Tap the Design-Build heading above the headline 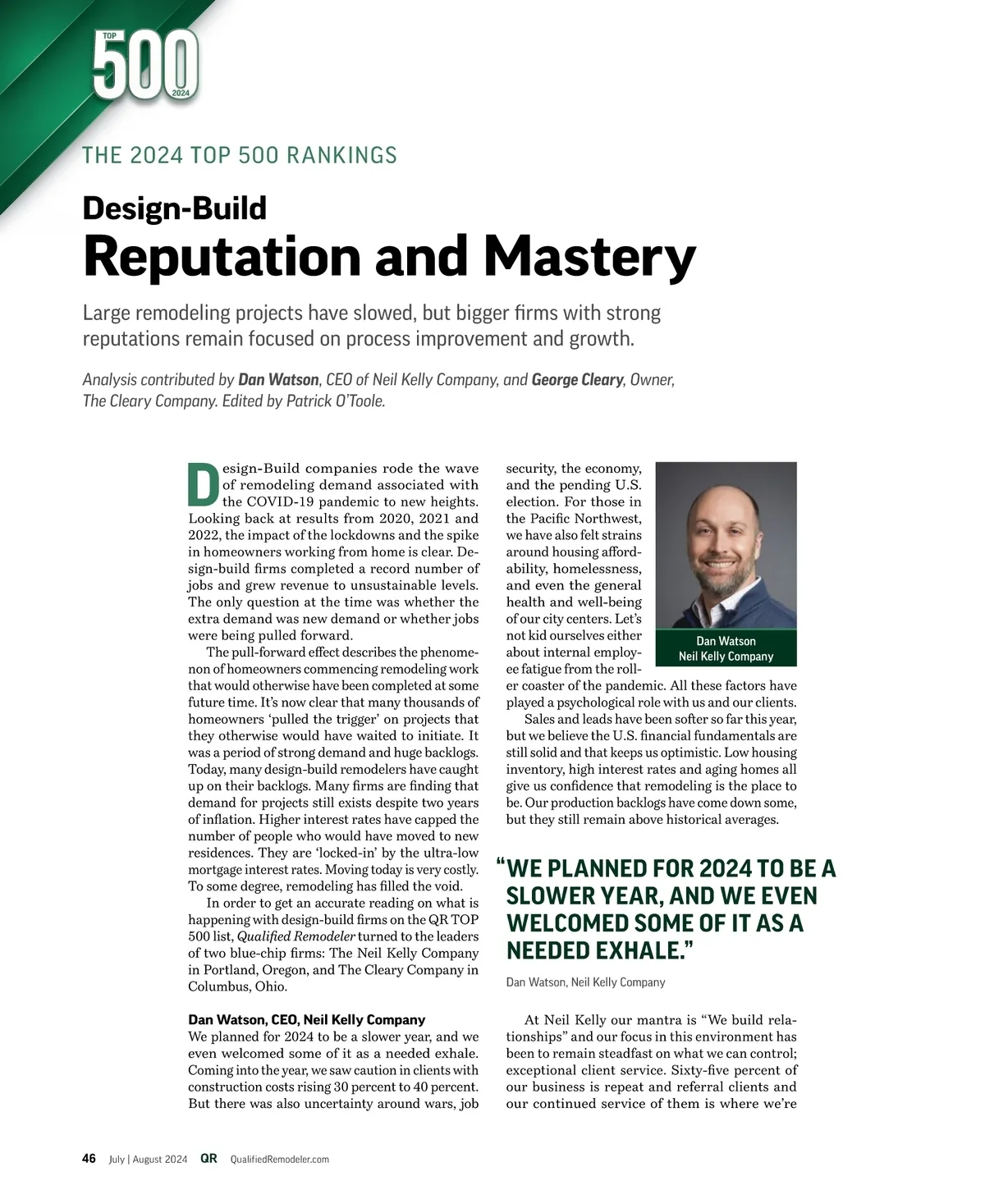175,208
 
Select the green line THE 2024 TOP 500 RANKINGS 240,155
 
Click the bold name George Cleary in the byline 577,380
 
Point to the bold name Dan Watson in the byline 278,380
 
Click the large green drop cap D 203,485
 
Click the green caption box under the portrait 726,648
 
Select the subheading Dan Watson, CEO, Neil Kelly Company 307,1020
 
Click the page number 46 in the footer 89,1159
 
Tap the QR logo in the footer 209,1159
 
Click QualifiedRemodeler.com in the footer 280,1160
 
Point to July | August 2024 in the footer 149,1160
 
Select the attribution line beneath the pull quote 585,982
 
